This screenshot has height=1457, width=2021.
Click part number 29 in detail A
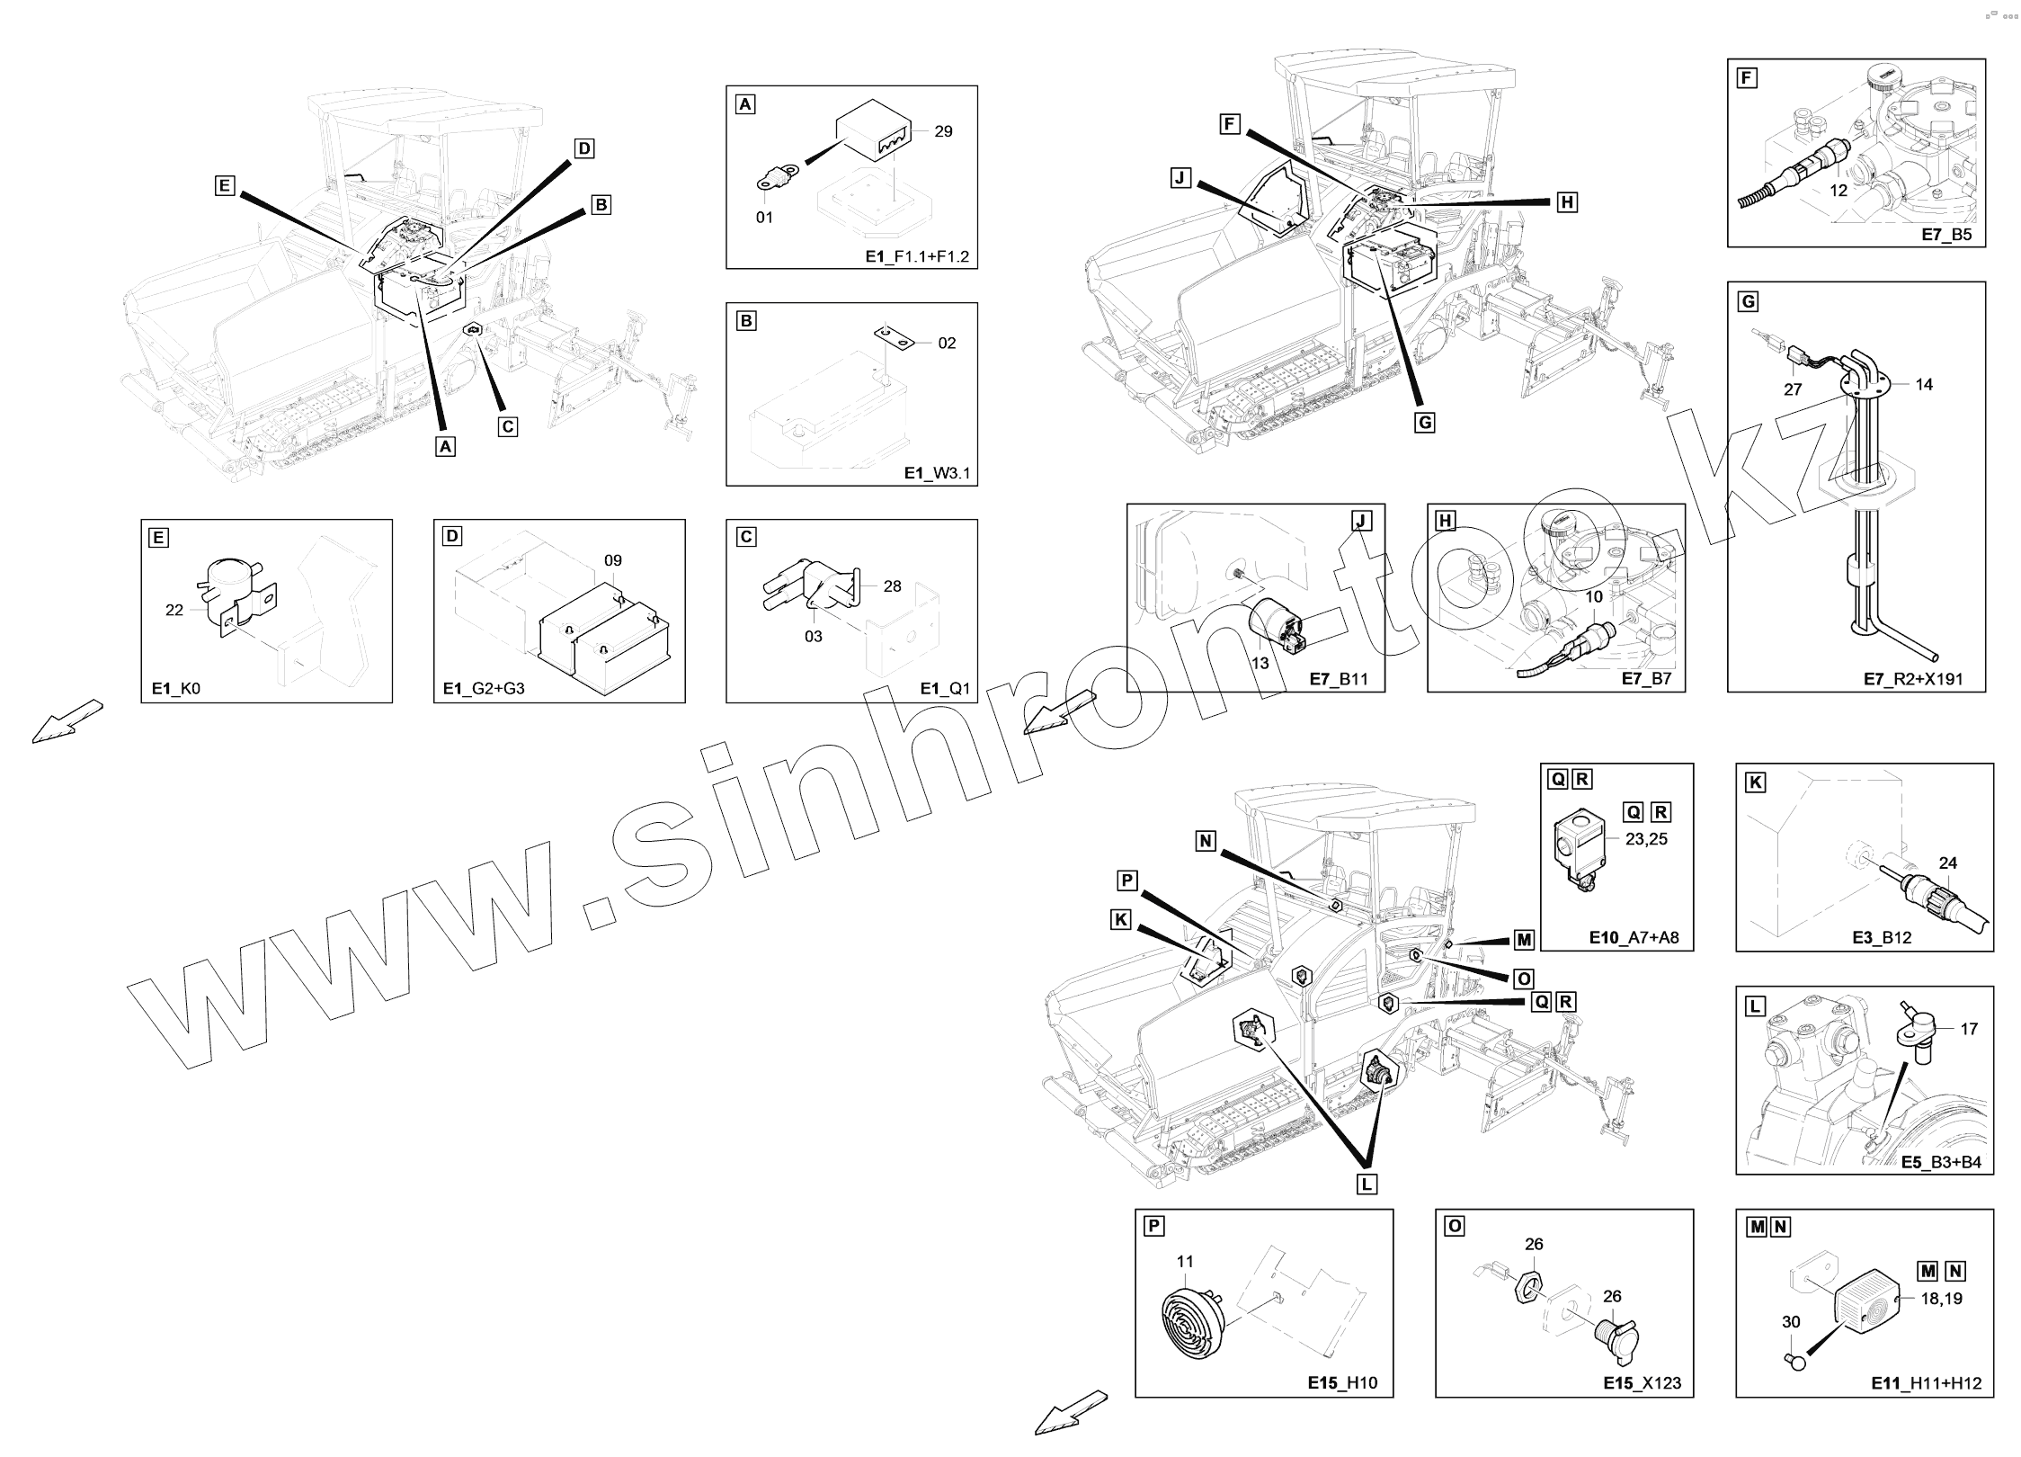[943, 131]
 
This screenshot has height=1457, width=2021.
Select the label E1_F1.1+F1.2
[917, 257]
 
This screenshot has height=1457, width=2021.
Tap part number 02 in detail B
[947, 343]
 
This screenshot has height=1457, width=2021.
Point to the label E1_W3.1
[937, 474]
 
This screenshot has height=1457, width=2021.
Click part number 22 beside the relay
[174, 610]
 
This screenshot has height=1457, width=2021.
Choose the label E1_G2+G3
[484, 689]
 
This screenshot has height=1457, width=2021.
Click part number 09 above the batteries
[612, 560]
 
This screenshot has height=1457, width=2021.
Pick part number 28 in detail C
[892, 586]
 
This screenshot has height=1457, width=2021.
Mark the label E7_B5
[1946, 236]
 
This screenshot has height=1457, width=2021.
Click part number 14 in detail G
[1924, 384]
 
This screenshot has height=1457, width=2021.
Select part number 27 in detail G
[1794, 389]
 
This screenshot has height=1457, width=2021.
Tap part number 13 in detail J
[1260, 663]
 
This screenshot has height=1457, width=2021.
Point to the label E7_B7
[1646, 679]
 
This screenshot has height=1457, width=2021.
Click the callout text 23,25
[1647, 839]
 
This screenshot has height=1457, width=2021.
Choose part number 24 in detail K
[1947, 863]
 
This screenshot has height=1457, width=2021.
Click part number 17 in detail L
[1969, 1029]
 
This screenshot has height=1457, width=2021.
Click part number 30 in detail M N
[1792, 1322]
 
